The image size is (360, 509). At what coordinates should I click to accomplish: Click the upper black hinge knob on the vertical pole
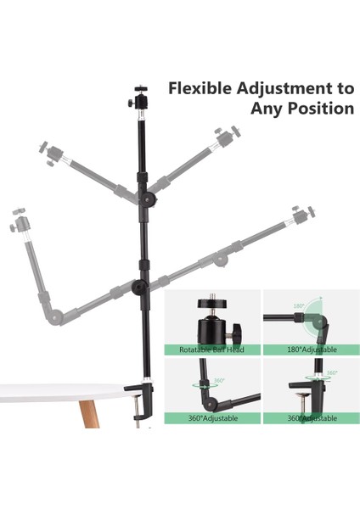click(x=149, y=199)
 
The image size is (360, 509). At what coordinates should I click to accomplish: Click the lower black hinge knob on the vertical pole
click(x=138, y=288)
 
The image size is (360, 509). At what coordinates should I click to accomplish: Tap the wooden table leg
click(x=88, y=416)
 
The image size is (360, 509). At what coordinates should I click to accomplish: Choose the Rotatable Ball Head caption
click(x=210, y=349)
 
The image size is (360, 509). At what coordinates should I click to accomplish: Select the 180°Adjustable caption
click(x=310, y=349)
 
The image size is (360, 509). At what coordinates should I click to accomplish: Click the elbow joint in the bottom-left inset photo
click(x=206, y=390)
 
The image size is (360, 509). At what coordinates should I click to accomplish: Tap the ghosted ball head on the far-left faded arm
click(x=20, y=223)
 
